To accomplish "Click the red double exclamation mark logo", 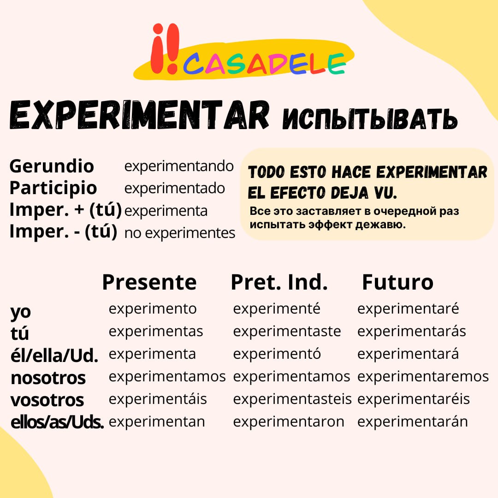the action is (x=165, y=48).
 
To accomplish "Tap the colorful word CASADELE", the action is (x=264, y=63).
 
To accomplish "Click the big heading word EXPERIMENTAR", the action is (x=139, y=115).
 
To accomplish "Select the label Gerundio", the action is (x=52, y=166).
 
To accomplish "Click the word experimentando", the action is (x=179, y=166).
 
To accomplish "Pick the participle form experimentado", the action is (x=175, y=188).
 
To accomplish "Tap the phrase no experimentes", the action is (x=180, y=233).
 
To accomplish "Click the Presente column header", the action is (x=149, y=282).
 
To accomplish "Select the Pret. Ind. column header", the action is (x=279, y=282).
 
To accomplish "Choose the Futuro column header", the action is (x=397, y=282).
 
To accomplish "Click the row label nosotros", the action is (x=48, y=378).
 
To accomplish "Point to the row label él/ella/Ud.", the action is (x=54, y=355).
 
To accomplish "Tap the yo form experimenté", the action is (x=277, y=308).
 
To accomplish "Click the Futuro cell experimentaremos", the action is (x=423, y=377).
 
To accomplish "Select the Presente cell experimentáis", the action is (x=158, y=399).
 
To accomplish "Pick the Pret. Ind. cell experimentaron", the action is (x=289, y=422).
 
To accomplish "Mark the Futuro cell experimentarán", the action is (x=413, y=422).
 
